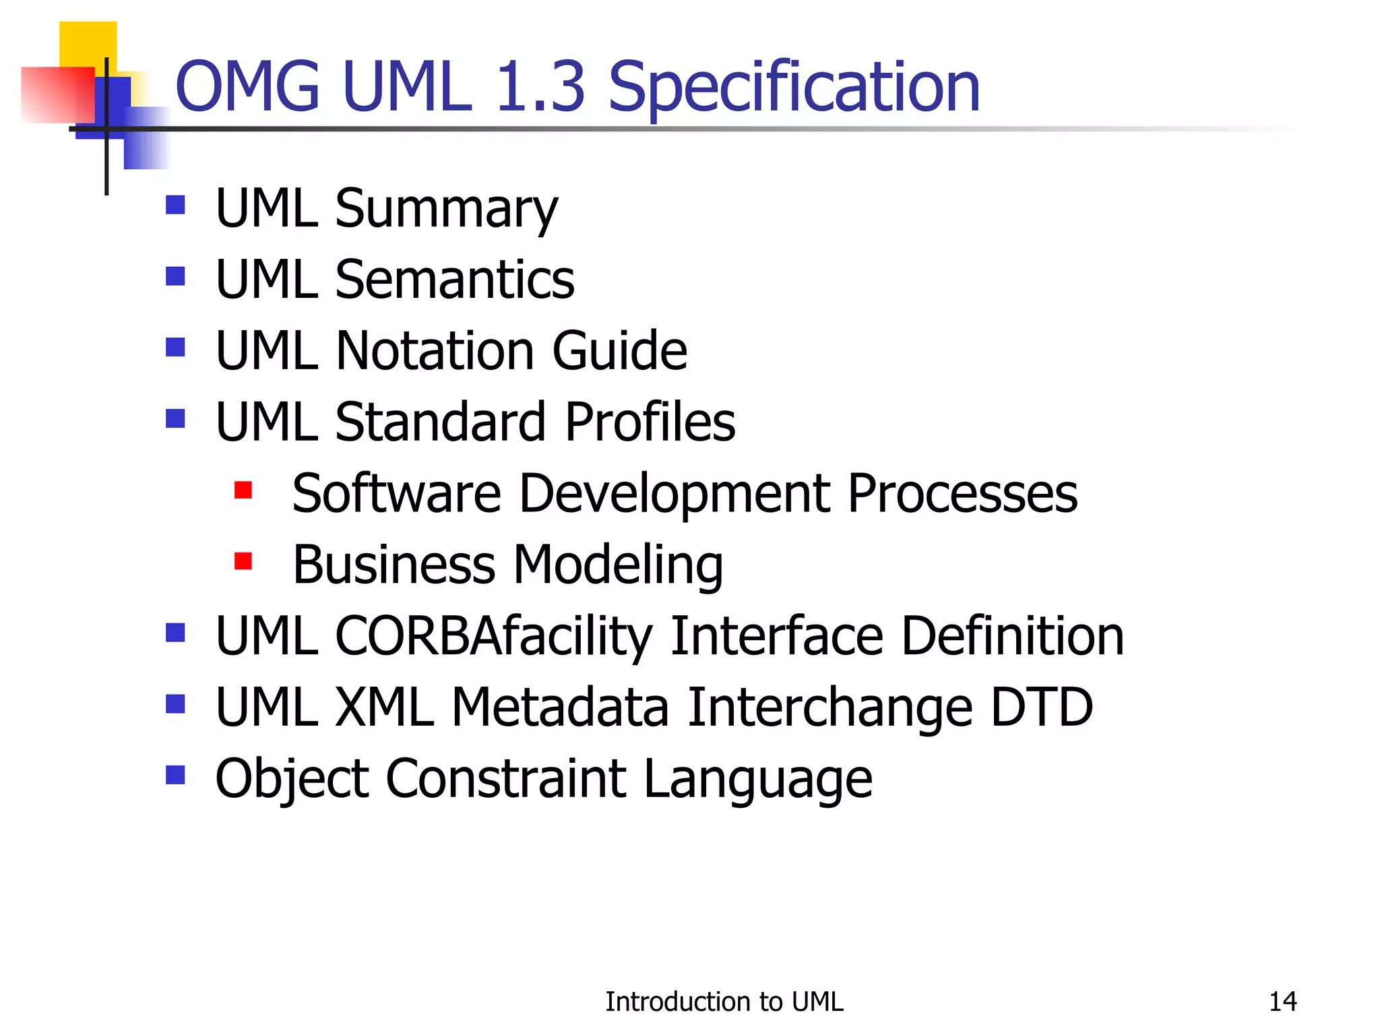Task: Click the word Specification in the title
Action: (793, 88)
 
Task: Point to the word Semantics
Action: (455, 280)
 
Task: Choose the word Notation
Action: (435, 351)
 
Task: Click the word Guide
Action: (619, 351)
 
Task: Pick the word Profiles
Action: (650, 422)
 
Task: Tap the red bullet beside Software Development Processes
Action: (243, 490)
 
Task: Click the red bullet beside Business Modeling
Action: (243, 561)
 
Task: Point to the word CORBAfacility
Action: (494, 637)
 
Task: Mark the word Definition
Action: (1012, 637)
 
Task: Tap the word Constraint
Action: (505, 780)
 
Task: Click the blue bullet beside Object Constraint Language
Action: (175, 775)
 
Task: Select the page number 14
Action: (1282, 1002)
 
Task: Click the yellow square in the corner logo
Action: (88, 44)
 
